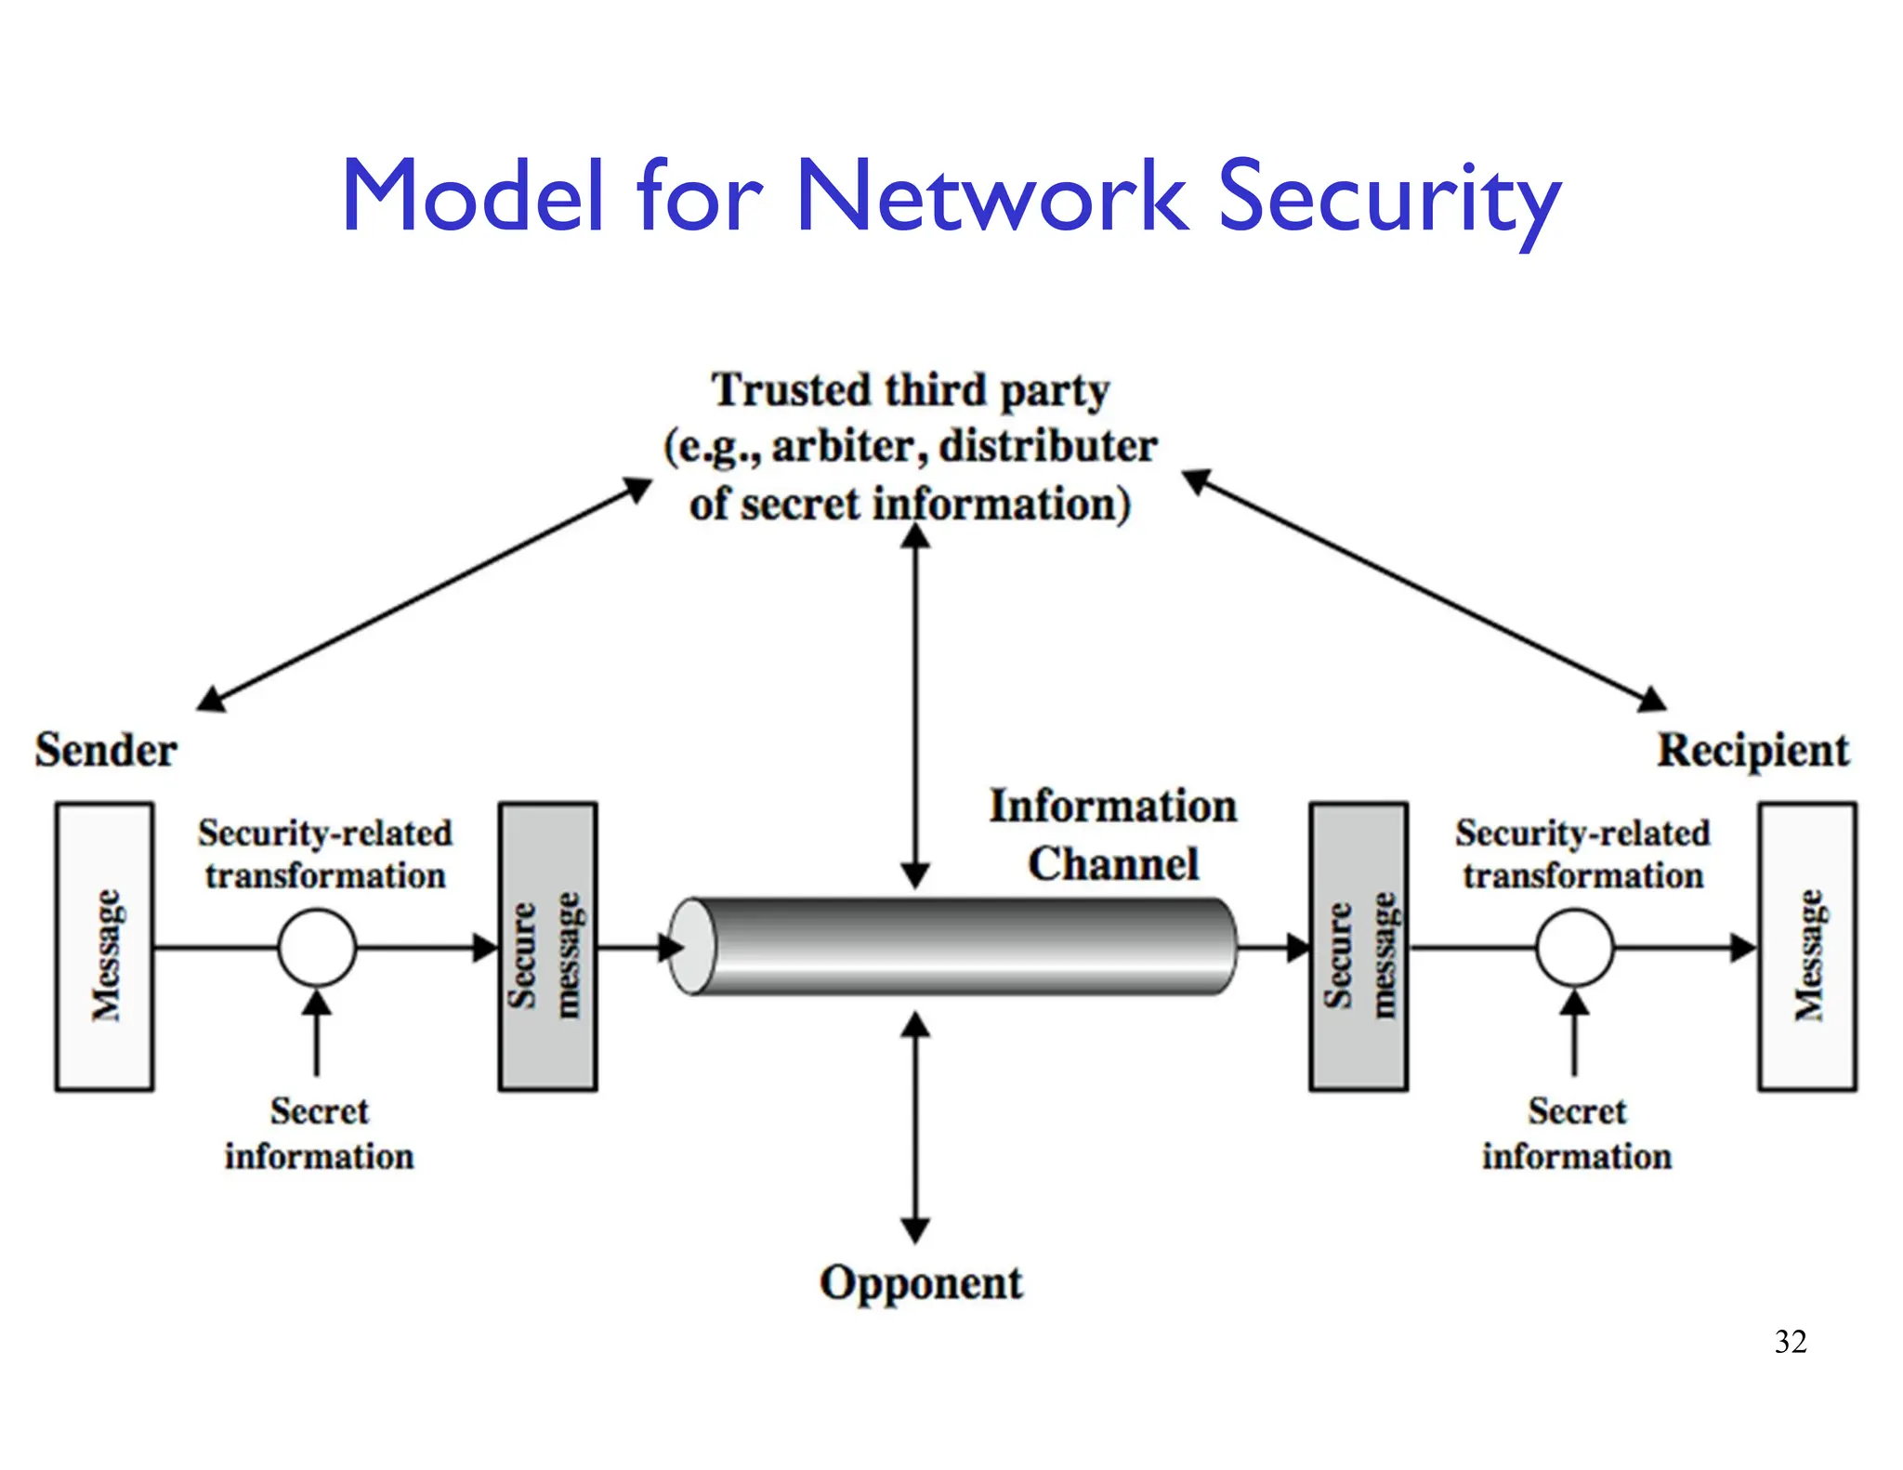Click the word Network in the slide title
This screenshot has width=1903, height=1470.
992,196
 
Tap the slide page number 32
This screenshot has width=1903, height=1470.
1790,1342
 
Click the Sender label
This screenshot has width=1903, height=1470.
106,750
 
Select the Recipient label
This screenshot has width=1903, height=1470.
1752,750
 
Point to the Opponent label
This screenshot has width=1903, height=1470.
920,1283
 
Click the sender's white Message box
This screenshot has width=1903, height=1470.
104,946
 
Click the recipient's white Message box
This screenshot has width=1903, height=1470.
1806,946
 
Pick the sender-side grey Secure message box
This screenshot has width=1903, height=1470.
547,946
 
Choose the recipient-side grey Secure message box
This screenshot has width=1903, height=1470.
1358,946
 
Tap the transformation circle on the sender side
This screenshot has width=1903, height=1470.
317,947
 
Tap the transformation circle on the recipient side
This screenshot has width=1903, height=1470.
1574,947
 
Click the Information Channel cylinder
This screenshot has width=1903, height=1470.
957,946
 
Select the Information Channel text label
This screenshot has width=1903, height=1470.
1112,834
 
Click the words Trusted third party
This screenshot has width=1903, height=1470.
910,390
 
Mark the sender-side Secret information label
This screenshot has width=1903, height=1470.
319,1134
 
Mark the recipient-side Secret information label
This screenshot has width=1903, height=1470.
1576,1134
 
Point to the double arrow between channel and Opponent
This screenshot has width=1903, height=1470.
915,1126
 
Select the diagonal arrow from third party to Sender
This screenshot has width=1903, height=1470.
425,595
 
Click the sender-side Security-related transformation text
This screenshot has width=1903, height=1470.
324,854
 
